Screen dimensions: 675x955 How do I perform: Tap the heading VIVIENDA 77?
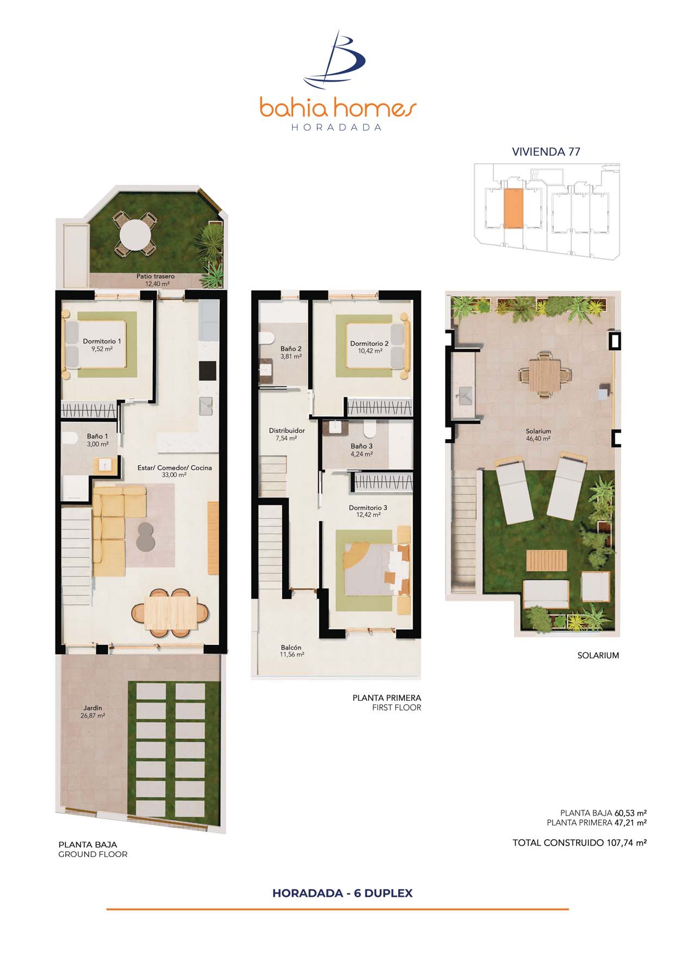point(546,152)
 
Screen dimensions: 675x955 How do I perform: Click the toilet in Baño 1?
point(69,439)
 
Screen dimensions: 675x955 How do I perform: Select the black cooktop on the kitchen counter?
point(207,371)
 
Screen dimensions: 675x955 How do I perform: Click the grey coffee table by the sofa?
point(146,536)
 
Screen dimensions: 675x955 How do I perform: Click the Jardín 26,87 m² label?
point(93,712)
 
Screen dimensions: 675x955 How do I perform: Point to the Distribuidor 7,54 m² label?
point(287,434)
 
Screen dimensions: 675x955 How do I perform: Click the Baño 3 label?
point(362,446)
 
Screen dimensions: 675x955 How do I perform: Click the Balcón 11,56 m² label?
point(292,651)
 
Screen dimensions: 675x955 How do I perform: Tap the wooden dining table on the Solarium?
point(545,375)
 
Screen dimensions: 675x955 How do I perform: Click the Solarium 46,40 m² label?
point(538,435)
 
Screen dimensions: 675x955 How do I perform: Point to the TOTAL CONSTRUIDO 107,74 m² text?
point(579,843)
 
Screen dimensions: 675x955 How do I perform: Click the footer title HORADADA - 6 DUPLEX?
point(343,893)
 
